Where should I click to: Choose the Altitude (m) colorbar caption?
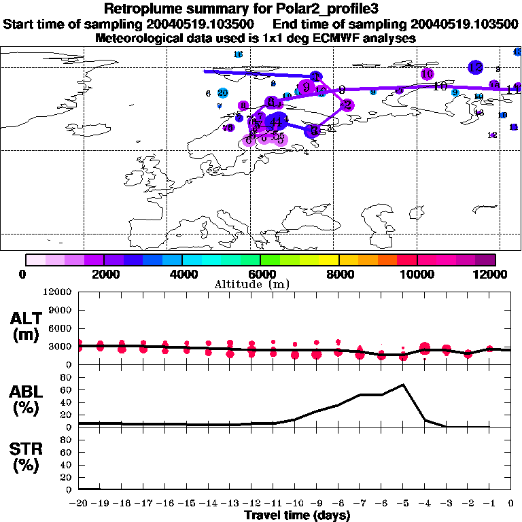(x=260, y=284)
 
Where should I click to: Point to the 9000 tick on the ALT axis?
(x=63, y=309)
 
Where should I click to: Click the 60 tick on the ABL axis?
(x=67, y=389)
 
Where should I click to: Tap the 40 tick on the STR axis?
(x=67, y=465)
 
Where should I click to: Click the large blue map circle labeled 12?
(x=475, y=67)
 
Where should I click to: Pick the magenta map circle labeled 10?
(x=427, y=74)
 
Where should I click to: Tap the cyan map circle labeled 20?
(x=222, y=92)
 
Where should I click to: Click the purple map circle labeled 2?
(x=347, y=105)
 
